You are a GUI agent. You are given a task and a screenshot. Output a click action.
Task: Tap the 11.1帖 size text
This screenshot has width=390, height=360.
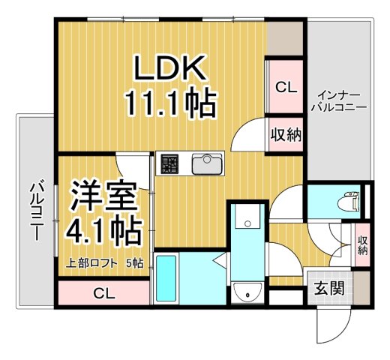click(x=171, y=103)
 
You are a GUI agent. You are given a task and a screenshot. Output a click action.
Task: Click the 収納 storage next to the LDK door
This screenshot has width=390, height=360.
click(x=285, y=135)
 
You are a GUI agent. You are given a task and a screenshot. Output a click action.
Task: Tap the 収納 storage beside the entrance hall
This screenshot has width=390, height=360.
click(x=362, y=244)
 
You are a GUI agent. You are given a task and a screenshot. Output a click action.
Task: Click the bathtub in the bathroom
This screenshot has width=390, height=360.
click(x=166, y=278)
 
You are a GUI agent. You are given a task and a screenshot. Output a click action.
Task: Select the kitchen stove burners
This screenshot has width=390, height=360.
click(x=168, y=163)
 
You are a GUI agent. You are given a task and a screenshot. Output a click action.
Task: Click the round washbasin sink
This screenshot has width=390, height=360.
click(x=246, y=292)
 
